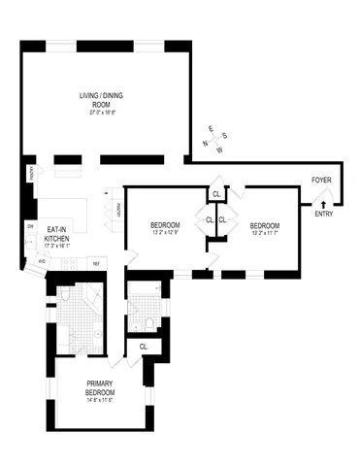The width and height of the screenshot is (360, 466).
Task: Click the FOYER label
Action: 322,182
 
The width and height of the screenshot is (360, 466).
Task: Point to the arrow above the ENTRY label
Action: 323,203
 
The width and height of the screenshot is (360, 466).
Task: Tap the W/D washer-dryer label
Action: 42,261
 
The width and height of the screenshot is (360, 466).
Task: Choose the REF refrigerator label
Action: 96,263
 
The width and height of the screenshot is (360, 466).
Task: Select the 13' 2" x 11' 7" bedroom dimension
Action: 265,231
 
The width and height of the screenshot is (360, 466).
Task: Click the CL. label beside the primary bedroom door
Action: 144,347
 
